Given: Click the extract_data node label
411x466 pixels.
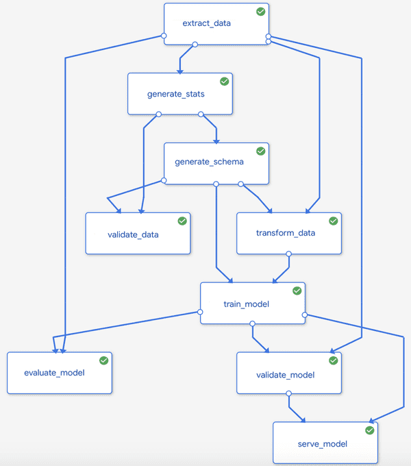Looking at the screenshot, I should pyautogui.click(x=206, y=23).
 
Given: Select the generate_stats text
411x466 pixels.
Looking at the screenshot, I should pyautogui.click(x=175, y=93).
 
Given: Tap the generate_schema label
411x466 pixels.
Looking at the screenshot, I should pyautogui.click(x=209, y=162).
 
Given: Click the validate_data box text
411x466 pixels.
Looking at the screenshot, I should pyautogui.click(x=133, y=234).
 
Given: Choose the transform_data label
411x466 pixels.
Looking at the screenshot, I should pyautogui.click(x=286, y=233).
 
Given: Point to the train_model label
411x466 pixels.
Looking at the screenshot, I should pyautogui.click(x=246, y=304).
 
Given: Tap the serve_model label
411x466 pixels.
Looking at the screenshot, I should pyautogui.click(x=322, y=444).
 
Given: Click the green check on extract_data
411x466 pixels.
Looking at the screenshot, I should pyautogui.click(x=261, y=12).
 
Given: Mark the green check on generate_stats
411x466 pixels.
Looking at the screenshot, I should pyautogui.click(x=224, y=81).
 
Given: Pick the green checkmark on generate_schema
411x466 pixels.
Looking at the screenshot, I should pyautogui.click(x=260, y=151).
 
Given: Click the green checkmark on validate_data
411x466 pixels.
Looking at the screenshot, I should pyautogui.click(x=182, y=221).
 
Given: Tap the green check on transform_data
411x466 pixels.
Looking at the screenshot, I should pyautogui.click(x=334, y=221).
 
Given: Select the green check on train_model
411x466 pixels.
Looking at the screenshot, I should pyautogui.click(x=297, y=291).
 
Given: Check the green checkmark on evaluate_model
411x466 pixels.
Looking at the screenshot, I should pyautogui.click(x=104, y=360).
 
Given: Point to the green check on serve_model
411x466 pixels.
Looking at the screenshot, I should pyautogui.click(x=370, y=430).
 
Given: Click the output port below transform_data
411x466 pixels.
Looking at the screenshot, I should pyautogui.click(x=288, y=254).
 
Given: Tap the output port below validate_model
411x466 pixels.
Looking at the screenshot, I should pyautogui.click(x=288, y=394).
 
